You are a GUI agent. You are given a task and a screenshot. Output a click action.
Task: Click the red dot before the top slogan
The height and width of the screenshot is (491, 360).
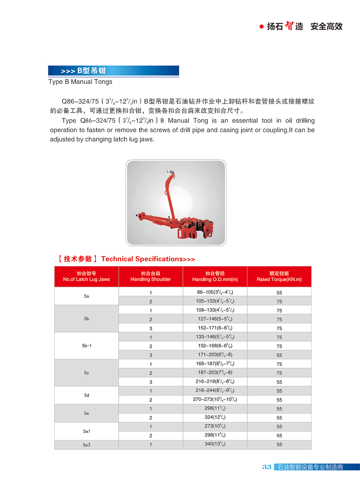point(261,27)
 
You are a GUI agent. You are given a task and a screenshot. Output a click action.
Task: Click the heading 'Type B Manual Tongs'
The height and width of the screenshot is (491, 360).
point(80,82)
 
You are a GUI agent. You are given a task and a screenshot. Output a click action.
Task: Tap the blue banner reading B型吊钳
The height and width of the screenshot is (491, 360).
point(113,71)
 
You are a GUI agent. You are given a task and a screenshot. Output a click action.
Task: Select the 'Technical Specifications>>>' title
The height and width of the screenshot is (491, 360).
point(148,259)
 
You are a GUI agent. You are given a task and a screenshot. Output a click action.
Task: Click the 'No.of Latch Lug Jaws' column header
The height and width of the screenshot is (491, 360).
point(86,276)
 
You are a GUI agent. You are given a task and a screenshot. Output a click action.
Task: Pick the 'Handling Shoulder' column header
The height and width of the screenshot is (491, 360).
point(150,276)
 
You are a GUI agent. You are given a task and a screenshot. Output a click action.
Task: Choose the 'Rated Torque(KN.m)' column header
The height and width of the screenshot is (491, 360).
point(279,276)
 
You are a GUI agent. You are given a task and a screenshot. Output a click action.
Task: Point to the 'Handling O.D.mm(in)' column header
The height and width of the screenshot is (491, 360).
point(215,276)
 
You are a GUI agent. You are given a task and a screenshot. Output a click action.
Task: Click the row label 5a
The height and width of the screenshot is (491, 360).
point(86,296)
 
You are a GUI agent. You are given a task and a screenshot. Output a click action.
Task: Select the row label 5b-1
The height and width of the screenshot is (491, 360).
point(86,346)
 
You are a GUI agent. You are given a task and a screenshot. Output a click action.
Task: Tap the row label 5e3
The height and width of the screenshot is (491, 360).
point(86,445)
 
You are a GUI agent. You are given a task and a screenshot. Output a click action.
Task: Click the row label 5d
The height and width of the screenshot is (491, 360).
point(86,395)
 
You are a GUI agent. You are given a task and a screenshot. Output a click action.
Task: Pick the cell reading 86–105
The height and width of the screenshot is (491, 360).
point(215,292)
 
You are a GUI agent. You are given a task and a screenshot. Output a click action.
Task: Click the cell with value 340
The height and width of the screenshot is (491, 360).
point(215,444)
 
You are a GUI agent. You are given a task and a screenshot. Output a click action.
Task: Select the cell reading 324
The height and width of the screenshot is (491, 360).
point(215,417)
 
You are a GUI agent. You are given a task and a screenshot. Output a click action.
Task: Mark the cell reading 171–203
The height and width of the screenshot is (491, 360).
point(215,355)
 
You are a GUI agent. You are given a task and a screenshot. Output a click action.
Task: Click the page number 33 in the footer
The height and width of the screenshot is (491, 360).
point(267,467)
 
